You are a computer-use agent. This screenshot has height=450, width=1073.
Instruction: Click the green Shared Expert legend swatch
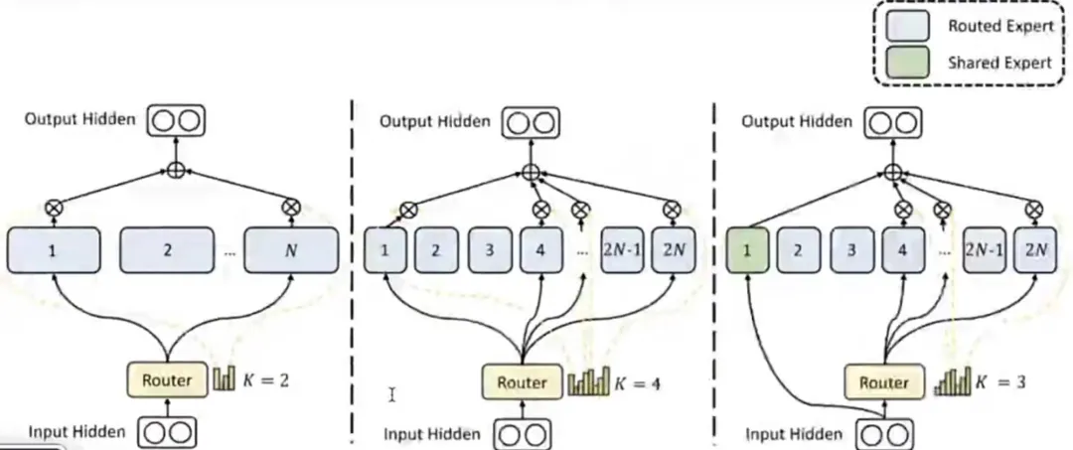(907, 62)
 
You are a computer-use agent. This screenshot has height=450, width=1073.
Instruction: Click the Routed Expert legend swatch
(907, 26)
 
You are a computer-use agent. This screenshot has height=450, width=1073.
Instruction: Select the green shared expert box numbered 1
(746, 250)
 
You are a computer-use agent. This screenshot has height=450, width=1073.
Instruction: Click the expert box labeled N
(291, 250)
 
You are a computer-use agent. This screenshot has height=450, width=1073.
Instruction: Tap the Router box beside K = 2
(166, 379)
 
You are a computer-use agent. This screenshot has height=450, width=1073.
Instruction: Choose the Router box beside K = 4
(523, 382)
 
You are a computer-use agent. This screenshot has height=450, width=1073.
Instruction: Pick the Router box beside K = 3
(883, 381)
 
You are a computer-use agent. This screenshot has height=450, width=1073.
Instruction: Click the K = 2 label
(265, 380)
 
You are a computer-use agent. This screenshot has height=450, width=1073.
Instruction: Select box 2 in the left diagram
(167, 250)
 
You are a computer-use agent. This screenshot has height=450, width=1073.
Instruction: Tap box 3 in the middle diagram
(489, 250)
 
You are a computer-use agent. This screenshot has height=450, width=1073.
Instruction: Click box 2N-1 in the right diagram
(984, 250)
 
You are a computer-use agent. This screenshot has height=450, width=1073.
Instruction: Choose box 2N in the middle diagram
(673, 250)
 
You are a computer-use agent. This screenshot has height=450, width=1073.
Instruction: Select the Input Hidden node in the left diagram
(167, 433)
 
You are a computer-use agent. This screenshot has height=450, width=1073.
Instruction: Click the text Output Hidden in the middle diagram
(435, 122)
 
